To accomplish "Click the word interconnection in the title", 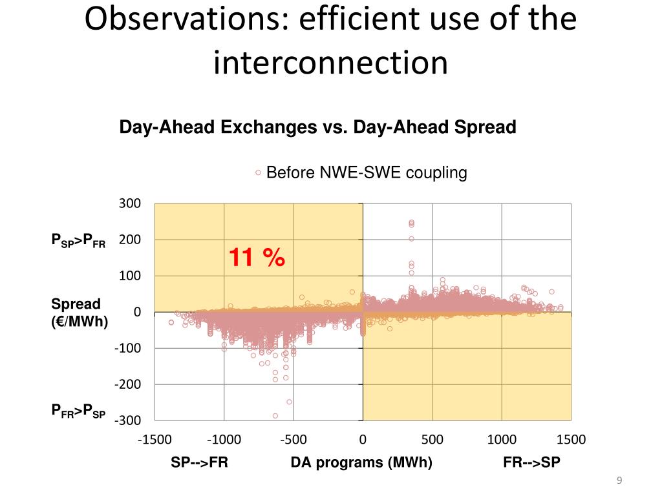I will tap(330, 62).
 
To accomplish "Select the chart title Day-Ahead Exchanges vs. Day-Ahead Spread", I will tap(317, 128).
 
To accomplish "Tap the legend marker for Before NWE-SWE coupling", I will tap(258, 173).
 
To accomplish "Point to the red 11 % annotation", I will tap(256, 258).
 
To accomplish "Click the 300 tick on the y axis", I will tap(129, 204).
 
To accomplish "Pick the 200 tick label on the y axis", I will tap(129, 240).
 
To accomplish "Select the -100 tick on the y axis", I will tap(127, 348).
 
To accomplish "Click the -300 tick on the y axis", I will tap(127, 420).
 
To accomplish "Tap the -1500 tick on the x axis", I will tap(155, 440).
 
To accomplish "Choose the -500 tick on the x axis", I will tap(294, 440).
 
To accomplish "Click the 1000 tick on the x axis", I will tap(502, 440).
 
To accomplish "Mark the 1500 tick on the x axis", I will tap(571, 440).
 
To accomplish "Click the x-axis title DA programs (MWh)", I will tap(361, 462).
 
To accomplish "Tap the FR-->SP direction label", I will tap(532, 462).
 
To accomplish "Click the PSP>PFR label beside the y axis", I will tap(78, 241).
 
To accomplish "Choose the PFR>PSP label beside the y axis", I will tap(78, 411).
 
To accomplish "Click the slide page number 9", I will tap(619, 480).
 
